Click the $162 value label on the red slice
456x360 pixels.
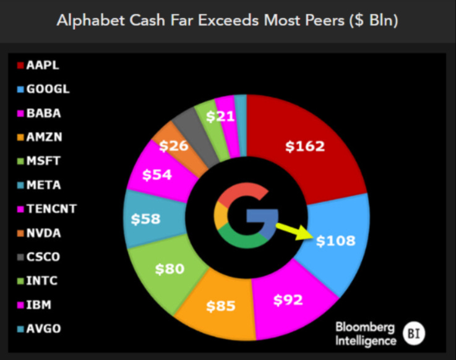click(304, 147)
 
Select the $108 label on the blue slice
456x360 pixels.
click(335, 241)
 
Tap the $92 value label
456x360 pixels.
click(288, 301)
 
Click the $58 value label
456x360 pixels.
click(146, 218)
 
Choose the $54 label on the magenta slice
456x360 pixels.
click(157, 175)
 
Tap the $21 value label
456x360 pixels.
click(220, 117)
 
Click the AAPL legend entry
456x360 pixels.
click(43, 65)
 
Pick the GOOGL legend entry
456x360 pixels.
click(48, 89)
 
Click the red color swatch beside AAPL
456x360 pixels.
click(20, 65)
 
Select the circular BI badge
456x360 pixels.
click(414, 334)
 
